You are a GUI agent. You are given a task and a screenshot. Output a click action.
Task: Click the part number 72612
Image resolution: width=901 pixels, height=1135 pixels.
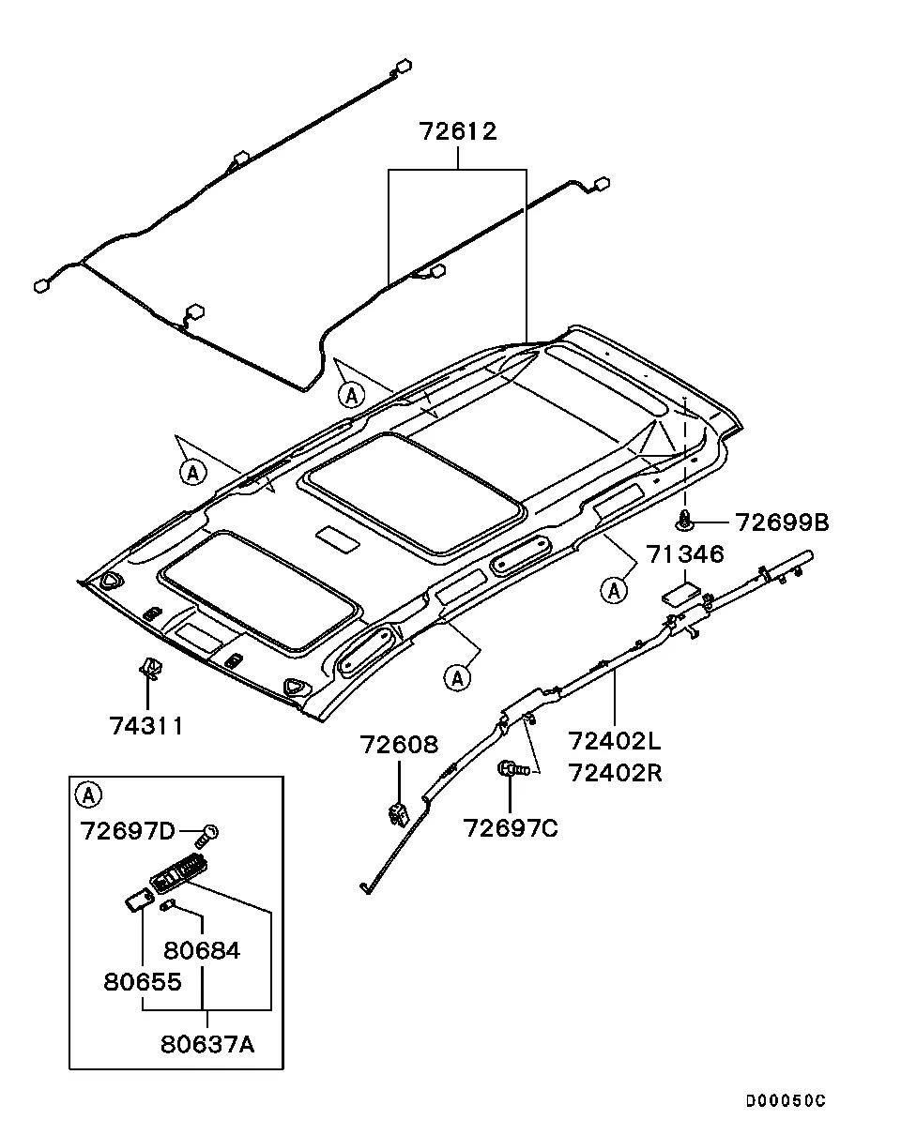pyautogui.click(x=458, y=131)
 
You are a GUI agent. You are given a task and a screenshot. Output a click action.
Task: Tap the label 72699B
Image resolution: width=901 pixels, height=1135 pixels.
pyautogui.click(x=781, y=522)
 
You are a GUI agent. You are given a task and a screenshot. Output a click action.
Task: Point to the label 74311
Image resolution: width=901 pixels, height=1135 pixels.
pyautogui.click(x=145, y=725)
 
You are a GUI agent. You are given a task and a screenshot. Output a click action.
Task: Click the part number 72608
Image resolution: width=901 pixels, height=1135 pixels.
pyautogui.click(x=399, y=745)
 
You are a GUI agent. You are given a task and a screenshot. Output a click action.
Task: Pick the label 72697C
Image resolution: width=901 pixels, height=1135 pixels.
pyautogui.click(x=510, y=828)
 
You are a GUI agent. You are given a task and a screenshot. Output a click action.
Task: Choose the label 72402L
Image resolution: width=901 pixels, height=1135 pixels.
pyautogui.click(x=614, y=742)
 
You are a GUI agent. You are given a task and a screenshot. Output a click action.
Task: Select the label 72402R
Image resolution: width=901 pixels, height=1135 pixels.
pyautogui.click(x=614, y=773)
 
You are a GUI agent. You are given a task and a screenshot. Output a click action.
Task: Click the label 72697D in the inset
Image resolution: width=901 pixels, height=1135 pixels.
pyautogui.click(x=128, y=831)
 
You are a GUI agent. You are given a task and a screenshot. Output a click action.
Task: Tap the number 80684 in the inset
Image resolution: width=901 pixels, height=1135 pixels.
pyautogui.click(x=202, y=950)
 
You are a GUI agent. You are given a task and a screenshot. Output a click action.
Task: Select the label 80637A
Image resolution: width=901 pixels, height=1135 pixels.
pyautogui.click(x=207, y=1043)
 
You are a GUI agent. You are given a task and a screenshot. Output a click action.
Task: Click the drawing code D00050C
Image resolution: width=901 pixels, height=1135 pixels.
pyautogui.click(x=786, y=1101)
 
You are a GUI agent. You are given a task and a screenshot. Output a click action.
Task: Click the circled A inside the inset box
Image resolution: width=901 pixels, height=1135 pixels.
pyautogui.click(x=87, y=796)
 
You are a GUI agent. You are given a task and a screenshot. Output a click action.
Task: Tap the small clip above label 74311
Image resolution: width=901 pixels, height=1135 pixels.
pyautogui.click(x=148, y=668)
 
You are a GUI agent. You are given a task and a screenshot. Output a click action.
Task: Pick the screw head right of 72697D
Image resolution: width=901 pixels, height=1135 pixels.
pyautogui.click(x=211, y=831)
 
